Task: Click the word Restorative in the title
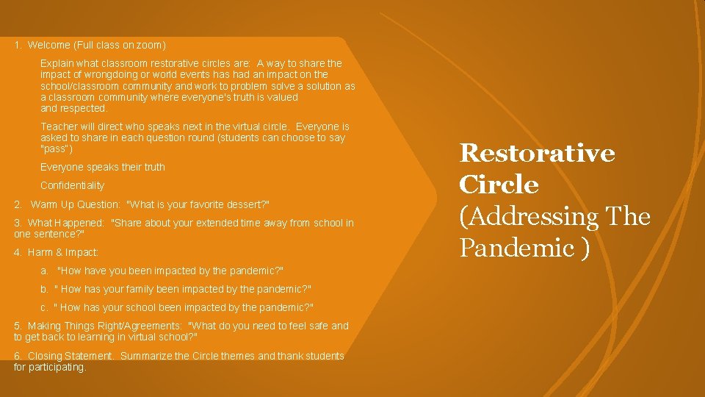(x=537, y=153)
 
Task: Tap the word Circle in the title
(x=499, y=185)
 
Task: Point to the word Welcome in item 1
(x=48, y=45)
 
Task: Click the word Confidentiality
(x=72, y=185)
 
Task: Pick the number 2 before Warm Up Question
(x=18, y=204)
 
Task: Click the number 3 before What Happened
(x=18, y=223)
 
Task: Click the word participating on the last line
(x=59, y=367)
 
